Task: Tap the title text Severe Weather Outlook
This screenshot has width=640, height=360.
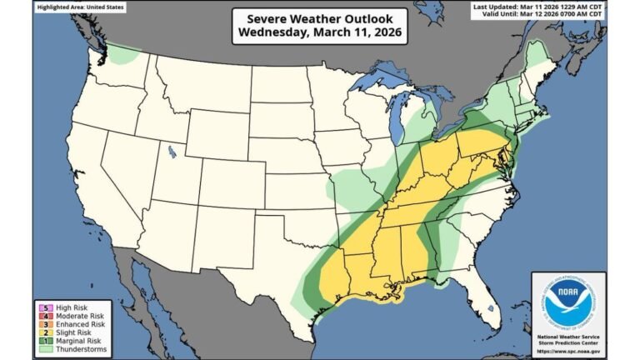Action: (320, 19)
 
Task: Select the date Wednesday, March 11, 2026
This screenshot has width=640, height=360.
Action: (320, 33)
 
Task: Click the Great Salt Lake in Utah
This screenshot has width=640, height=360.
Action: (172, 152)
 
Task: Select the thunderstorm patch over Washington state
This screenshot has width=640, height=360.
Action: (125, 56)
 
